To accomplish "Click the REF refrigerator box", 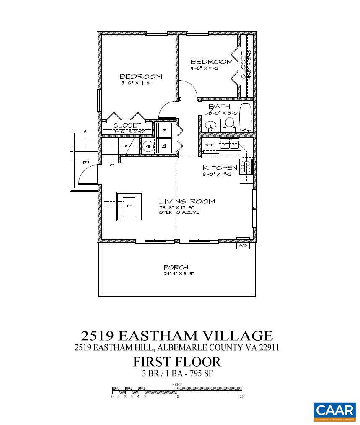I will point(209,145).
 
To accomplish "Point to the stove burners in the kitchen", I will point(245,167).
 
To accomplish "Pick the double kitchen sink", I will point(230,144).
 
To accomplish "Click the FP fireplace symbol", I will point(129,206).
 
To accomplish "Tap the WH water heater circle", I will point(148,147).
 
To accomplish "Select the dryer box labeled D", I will point(164,130).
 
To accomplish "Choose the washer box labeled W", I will point(164,146).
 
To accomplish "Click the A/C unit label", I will point(243,245).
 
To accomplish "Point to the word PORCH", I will point(176,267).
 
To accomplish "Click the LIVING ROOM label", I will point(187,201).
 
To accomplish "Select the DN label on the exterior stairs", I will point(85,162).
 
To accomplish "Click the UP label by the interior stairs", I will point(111,164).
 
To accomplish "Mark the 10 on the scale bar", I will point(177,396).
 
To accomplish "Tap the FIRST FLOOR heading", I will point(177,361).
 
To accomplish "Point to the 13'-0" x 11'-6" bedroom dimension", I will point(135,83).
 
